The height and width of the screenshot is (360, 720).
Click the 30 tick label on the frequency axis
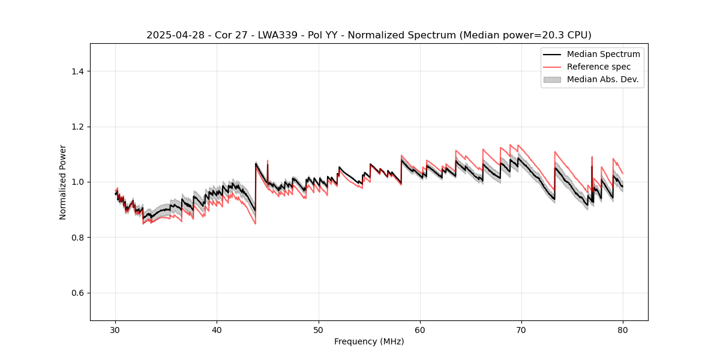(116, 330)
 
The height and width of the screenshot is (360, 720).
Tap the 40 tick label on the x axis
(217, 330)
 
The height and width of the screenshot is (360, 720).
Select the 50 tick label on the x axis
(319, 330)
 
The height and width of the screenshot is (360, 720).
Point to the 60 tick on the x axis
(420, 330)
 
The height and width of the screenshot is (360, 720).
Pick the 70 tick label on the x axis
(521, 330)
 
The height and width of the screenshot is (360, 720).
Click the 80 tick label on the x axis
(623, 330)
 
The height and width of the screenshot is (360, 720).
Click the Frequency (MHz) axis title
(369, 341)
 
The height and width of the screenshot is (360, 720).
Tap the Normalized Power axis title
(63, 182)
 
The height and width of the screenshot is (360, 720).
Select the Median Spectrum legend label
(603, 54)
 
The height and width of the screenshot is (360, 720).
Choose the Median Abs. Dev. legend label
(602, 79)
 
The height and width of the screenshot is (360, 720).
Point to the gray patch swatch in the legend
(552, 79)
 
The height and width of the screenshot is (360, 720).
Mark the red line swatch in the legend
(552, 67)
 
